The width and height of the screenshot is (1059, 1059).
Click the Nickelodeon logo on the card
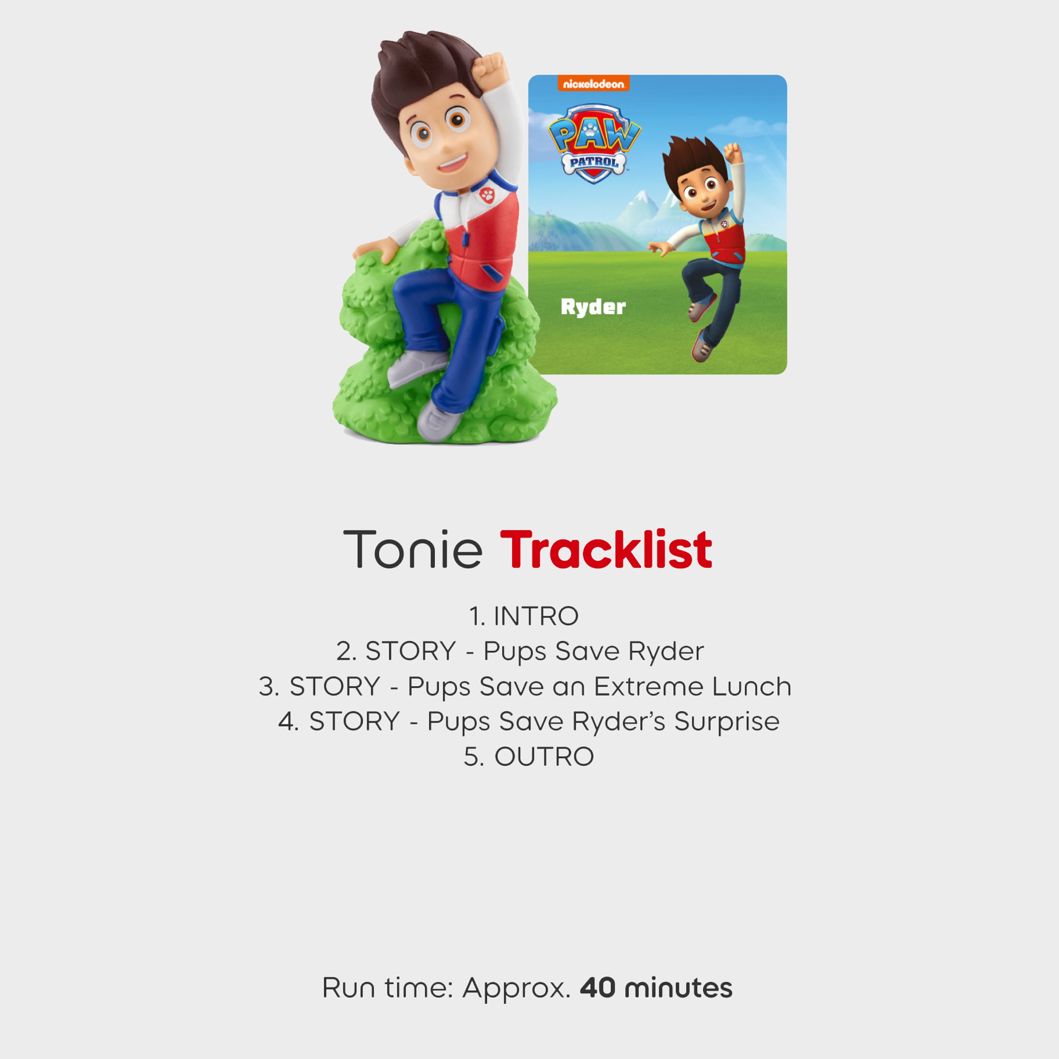(x=594, y=84)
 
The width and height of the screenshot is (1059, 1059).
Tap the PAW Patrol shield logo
(x=594, y=144)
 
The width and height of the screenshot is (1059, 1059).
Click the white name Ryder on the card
(x=593, y=307)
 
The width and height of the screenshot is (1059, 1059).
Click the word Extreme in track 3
(x=649, y=686)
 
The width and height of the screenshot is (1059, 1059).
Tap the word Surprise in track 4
(x=727, y=721)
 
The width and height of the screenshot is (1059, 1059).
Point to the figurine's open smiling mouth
(x=453, y=162)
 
